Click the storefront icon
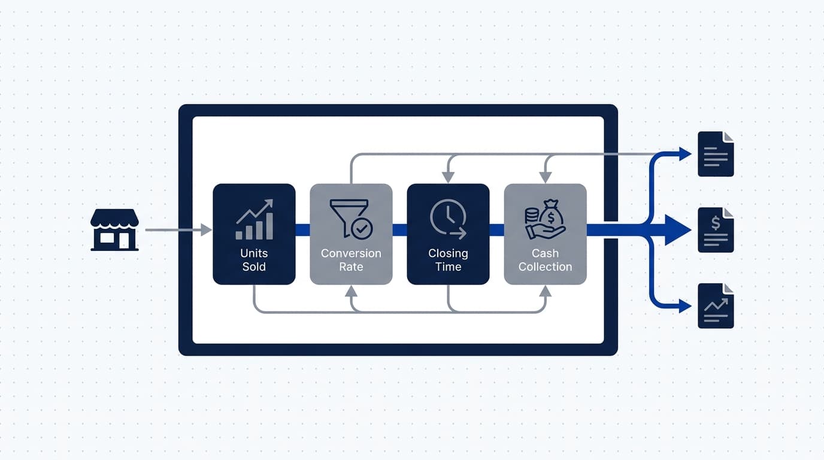(114, 230)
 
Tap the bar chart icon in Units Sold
(254, 219)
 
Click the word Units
(254, 253)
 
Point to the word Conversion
(351, 253)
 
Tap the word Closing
(448, 253)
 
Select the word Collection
(545, 267)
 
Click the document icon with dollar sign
(716, 230)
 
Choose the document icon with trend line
(716, 306)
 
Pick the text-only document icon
(716, 154)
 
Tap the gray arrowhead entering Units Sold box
(207, 230)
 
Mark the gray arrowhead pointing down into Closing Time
(448, 177)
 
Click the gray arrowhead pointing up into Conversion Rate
(351, 292)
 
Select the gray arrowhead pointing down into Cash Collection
(545, 177)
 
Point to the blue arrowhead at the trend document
(685, 306)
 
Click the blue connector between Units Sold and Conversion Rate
(303, 230)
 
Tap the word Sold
(254, 267)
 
